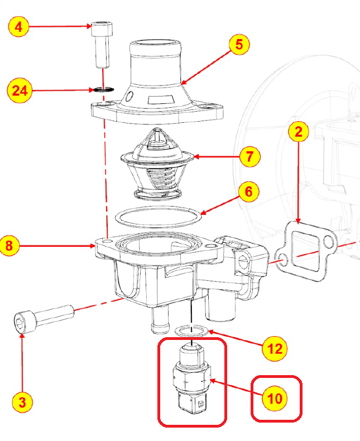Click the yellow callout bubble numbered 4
coord(19,26)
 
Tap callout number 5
coord(239,45)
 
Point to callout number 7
coord(249,156)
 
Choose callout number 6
coord(248,192)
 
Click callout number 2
coord(299,132)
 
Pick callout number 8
coord(12,245)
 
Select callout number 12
coord(275,349)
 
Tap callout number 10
coord(275,398)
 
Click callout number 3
coord(21,401)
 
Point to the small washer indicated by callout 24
coord(101,89)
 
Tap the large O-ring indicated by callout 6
coord(158,215)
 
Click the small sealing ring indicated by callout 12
coord(192,330)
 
